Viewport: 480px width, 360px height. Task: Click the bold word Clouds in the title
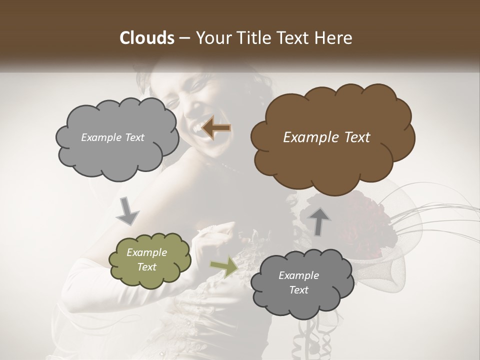[x=146, y=37]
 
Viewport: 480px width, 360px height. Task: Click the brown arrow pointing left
[x=216, y=128]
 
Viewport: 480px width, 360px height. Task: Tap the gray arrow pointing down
[x=127, y=211]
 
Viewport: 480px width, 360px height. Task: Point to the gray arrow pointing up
[x=319, y=220]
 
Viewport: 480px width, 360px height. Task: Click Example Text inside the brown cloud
[x=326, y=137]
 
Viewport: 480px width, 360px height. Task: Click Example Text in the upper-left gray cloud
[x=112, y=137]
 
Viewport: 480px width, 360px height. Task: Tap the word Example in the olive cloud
[x=146, y=252]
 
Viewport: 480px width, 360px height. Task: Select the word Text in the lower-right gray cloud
[x=298, y=290]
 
